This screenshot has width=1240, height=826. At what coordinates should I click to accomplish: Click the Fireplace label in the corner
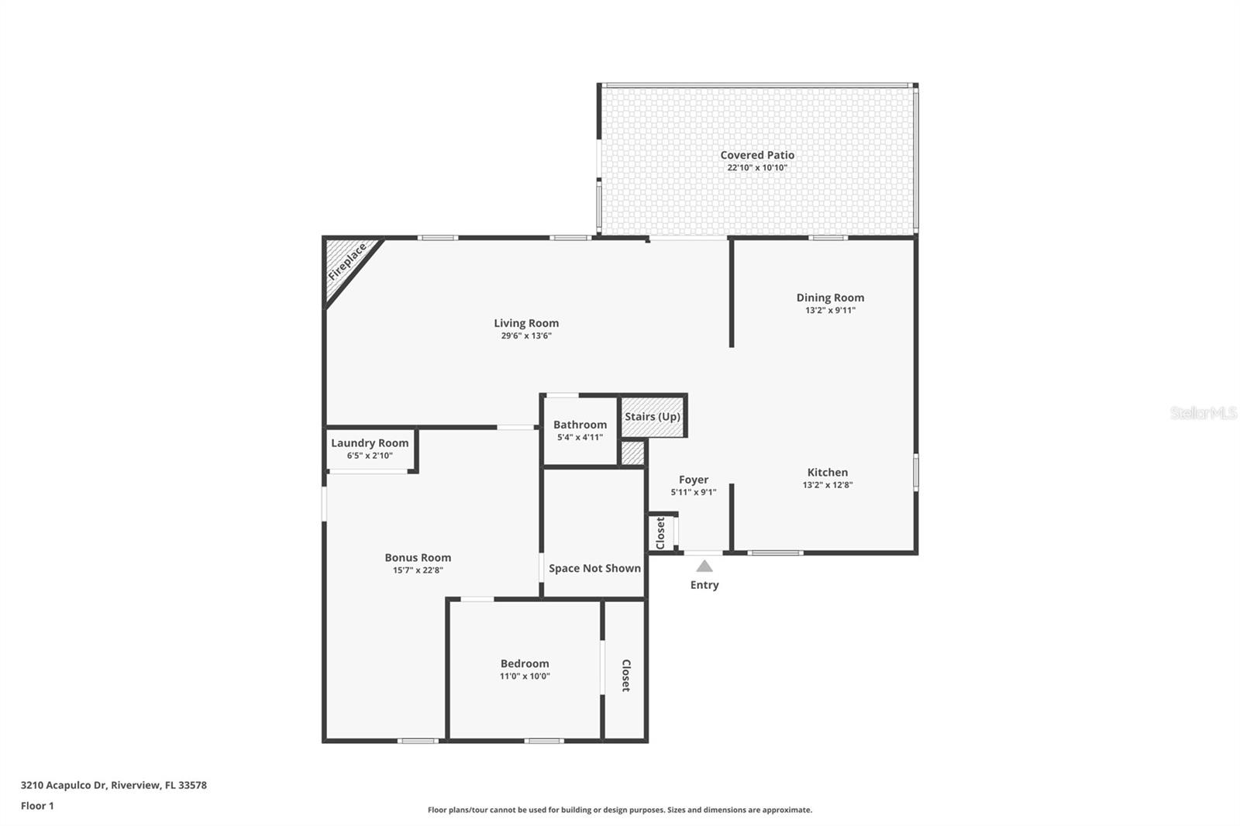tap(346, 262)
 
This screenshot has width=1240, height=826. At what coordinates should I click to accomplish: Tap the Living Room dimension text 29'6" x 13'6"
tap(526, 336)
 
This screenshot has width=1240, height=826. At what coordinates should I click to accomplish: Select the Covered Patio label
tap(757, 155)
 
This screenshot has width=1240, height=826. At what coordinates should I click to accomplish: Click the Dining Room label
tap(830, 298)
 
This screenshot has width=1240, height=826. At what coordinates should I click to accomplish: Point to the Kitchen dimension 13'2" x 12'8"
tap(828, 485)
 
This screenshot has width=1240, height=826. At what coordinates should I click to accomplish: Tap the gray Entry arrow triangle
tap(704, 566)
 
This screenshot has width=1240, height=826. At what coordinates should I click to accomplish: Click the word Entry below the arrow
tap(704, 585)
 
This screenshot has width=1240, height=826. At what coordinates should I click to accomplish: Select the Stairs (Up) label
tap(653, 416)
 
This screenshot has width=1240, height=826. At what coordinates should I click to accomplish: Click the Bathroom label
tap(580, 425)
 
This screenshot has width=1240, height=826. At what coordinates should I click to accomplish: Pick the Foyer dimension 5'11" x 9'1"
tap(694, 492)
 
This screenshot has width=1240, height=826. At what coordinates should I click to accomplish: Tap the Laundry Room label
tap(370, 443)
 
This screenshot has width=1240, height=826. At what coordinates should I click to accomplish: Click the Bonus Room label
tap(418, 557)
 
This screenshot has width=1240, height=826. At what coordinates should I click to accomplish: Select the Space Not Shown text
tap(594, 568)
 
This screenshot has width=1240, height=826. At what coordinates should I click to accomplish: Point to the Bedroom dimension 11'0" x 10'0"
tap(525, 676)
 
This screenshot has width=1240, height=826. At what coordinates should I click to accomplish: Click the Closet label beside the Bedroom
tap(626, 675)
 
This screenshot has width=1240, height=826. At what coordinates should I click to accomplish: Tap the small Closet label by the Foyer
tap(660, 533)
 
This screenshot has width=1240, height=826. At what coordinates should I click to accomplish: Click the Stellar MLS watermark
tap(1203, 413)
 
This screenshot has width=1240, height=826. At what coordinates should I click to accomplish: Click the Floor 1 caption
tap(37, 806)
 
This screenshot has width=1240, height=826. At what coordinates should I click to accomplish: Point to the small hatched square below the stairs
tap(632, 453)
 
